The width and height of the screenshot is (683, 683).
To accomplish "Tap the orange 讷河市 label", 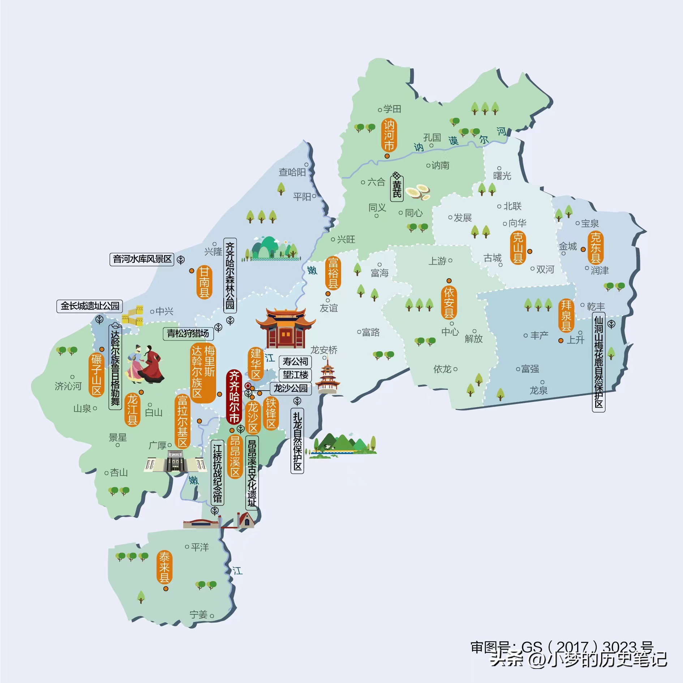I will (x=389, y=135).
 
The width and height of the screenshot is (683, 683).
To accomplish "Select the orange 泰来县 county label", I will (x=164, y=567).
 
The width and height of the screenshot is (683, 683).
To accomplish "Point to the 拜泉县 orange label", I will (x=566, y=315).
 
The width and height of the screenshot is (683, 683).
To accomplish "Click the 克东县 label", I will (x=595, y=248).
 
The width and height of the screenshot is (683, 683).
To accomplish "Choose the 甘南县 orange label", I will (x=205, y=282).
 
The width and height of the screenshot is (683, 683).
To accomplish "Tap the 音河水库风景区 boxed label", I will (x=142, y=259).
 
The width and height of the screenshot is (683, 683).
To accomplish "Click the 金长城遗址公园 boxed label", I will (x=90, y=306).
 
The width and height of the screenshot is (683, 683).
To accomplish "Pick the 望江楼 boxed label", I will (x=295, y=375).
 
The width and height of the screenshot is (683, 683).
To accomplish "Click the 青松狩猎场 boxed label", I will (x=188, y=333).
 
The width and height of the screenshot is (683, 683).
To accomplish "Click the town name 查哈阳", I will (x=292, y=172).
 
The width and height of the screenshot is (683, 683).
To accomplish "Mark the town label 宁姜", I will (x=198, y=614).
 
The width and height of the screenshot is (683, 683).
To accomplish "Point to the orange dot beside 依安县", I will (x=449, y=281).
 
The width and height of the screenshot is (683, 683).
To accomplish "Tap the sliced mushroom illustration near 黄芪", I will (x=418, y=192).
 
